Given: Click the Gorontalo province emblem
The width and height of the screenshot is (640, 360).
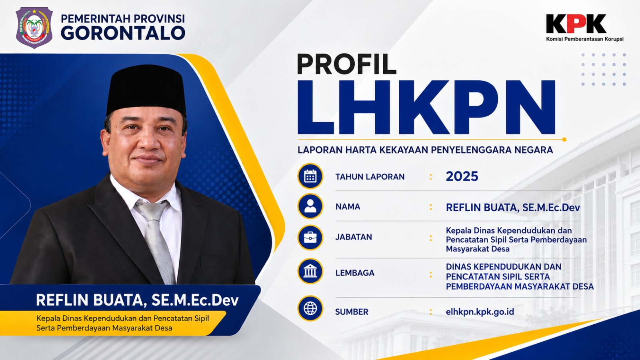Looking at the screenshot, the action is point(34,28).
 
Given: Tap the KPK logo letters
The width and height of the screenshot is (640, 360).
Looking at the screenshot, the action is point(576,24).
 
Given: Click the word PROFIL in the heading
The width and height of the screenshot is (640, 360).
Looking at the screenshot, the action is point(346,64).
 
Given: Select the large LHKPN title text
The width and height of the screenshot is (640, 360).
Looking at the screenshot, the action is point(426,108).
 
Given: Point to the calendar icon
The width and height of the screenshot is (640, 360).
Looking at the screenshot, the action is point(310,176).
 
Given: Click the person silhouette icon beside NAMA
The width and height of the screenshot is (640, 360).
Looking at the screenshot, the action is point(310,206).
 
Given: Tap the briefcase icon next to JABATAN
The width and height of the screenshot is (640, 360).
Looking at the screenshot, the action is point(310,238).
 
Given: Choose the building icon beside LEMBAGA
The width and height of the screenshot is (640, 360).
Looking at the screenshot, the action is point(310,271).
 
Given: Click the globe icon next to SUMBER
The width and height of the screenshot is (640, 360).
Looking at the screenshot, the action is point(310,308).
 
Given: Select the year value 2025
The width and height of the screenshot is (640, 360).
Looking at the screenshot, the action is point(462,176).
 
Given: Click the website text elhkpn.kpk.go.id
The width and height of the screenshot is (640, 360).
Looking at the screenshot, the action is point(480,312).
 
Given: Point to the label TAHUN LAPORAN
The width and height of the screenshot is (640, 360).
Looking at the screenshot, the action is point(370,177).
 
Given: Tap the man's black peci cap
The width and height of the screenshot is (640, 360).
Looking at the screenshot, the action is point(146,90).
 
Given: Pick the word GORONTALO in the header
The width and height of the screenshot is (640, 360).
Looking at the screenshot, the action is point(123,33).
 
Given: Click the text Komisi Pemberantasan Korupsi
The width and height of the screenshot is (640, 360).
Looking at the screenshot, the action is point(585,39).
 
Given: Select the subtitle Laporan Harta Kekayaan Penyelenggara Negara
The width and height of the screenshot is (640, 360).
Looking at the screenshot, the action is point(425,150).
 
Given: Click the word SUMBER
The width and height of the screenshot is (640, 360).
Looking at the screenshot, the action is point(352,312).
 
